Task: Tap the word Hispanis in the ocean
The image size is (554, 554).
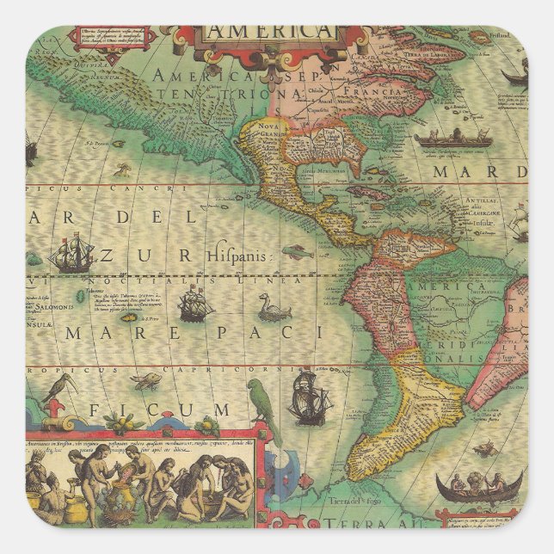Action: (x=237, y=255)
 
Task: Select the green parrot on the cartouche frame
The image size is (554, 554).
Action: (x=264, y=404)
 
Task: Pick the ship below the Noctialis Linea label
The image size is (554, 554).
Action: (x=195, y=303)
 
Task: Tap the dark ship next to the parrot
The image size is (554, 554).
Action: (x=310, y=397)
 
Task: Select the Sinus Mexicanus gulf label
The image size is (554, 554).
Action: (x=323, y=170)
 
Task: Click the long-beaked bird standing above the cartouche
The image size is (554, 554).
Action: (x=58, y=391)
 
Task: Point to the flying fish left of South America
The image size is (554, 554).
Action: (x=297, y=251)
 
